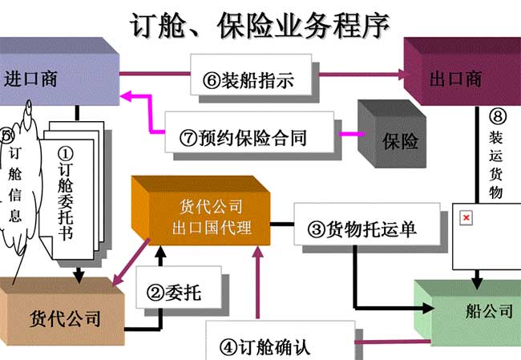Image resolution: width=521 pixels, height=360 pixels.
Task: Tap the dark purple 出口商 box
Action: click(x=457, y=79)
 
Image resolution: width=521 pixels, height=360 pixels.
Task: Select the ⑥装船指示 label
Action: click(x=248, y=80)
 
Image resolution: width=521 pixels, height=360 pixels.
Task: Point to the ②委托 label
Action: click(x=172, y=293)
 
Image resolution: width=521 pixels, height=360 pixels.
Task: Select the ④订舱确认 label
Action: click(x=265, y=346)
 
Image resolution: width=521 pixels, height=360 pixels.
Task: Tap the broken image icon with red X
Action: click(x=466, y=218)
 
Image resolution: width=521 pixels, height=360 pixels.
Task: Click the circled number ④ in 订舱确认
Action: click(x=228, y=347)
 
